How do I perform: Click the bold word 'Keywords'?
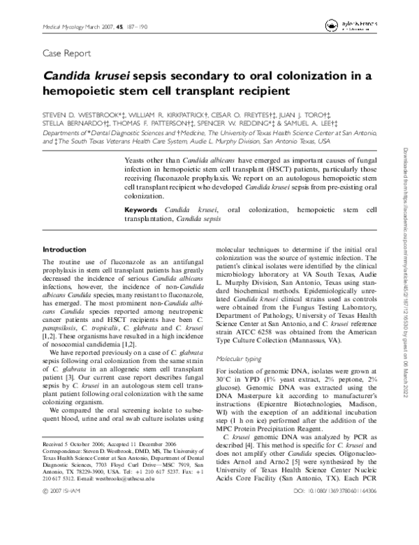click(143, 210)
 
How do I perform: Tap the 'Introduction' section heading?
click(65, 249)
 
